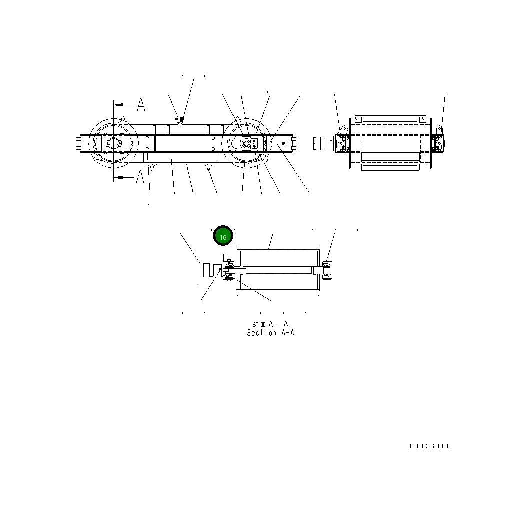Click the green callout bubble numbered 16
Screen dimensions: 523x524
click(x=223, y=237)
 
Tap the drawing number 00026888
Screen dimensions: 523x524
click(x=430, y=446)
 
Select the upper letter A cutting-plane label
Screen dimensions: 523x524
click(x=141, y=105)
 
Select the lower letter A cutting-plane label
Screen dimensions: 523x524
click(x=141, y=177)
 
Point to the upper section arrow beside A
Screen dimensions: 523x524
click(x=122, y=105)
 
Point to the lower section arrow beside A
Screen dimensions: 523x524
click(x=122, y=177)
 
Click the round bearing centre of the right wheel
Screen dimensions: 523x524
click(x=246, y=143)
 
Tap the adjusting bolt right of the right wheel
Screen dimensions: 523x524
click(x=276, y=144)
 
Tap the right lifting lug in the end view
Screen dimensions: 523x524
click(x=440, y=131)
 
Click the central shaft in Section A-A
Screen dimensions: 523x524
click(x=277, y=270)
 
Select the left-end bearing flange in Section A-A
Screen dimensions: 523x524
click(x=229, y=270)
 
